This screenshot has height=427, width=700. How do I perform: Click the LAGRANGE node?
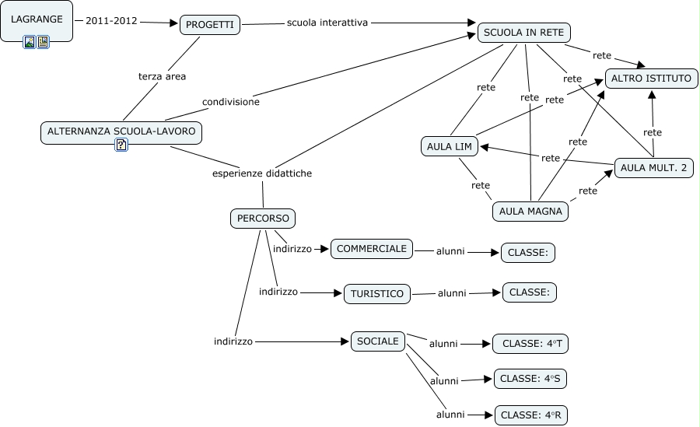click(37, 19)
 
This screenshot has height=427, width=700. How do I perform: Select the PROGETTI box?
click(210, 25)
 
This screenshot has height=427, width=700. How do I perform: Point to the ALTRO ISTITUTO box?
click(651, 79)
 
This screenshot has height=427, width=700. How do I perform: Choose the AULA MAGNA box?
click(530, 211)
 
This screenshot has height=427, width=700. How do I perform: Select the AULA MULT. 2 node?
click(653, 168)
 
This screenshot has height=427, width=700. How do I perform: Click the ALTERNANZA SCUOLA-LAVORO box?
click(121, 131)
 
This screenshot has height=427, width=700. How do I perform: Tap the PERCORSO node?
click(264, 219)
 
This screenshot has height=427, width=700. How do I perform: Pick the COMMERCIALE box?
click(371, 249)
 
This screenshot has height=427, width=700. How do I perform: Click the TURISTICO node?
click(377, 293)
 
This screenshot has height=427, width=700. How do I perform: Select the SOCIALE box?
click(378, 341)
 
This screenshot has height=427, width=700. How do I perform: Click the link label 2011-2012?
click(111, 21)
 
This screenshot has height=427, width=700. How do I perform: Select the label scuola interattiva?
click(327, 23)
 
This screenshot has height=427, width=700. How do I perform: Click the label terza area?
click(162, 76)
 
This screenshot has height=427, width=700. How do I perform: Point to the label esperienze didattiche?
click(262, 173)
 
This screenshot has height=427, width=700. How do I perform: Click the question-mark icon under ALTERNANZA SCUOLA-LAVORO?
click(121, 145)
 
